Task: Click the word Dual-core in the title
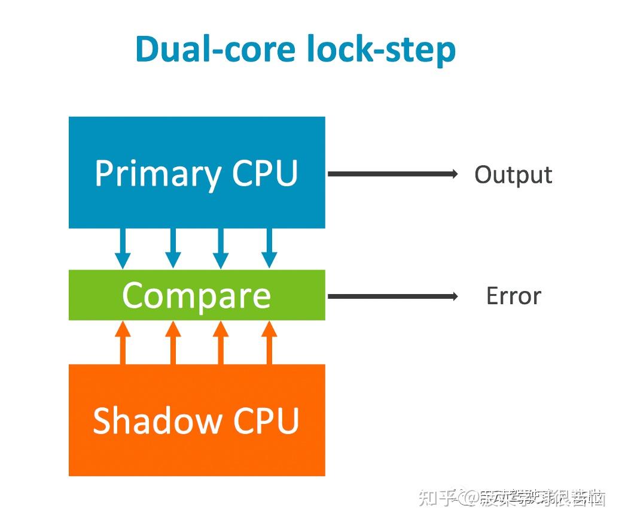[217, 49]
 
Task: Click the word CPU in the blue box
[265, 173]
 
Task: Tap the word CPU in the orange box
[266, 420]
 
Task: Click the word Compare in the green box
[196, 295]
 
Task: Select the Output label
[513, 175]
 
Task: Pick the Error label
[513, 296]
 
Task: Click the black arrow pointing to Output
[392, 174]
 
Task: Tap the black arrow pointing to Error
[392, 296]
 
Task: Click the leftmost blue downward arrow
[123, 249]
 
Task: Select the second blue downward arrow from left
[173, 249]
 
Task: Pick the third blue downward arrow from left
[221, 249]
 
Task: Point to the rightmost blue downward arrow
[269, 249]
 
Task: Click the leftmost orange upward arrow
[123, 342]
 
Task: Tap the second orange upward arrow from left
[173, 342]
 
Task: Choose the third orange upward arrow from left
[221, 342]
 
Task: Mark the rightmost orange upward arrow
[269, 342]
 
